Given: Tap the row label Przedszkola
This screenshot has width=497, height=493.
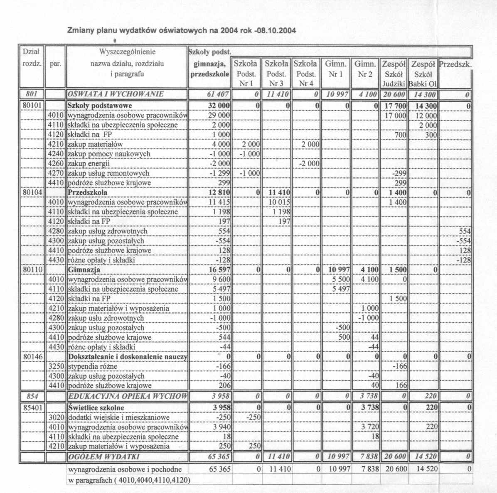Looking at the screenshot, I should tap(88, 193).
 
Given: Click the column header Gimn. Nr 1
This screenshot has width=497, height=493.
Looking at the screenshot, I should tap(335, 69).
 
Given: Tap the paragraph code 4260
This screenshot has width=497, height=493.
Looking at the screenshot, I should tap(56, 164).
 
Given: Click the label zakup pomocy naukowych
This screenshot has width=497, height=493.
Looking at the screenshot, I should tap(109, 154).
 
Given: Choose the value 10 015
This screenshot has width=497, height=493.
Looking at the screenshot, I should tap(279, 202).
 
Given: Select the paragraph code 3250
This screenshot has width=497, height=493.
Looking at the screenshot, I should tap(56, 366).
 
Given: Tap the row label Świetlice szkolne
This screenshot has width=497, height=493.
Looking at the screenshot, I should tap(96, 407).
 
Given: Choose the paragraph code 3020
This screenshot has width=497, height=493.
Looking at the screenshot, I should tap(56, 417).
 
